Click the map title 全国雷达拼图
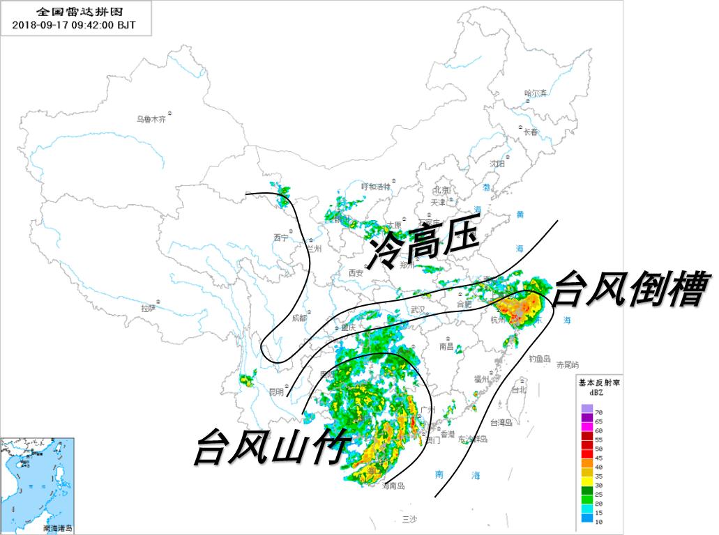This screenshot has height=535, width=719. click(x=74, y=12)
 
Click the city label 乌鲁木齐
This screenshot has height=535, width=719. click(x=151, y=119)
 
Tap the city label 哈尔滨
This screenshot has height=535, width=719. click(x=536, y=93)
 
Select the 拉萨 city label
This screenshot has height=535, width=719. click(x=148, y=307)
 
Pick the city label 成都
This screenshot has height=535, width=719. click(x=299, y=318)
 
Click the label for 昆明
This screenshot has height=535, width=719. click(x=276, y=391)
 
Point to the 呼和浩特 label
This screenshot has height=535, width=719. click(x=375, y=186)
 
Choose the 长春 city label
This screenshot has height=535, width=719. click(x=531, y=132)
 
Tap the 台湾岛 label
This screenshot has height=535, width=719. click(x=501, y=422)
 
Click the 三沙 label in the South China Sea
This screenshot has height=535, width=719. click(x=409, y=520)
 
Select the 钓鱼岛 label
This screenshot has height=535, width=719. click(x=540, y=359)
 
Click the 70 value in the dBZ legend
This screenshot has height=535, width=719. click(x=598, y=413)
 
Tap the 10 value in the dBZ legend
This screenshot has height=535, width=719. click(x=598, y=520)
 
